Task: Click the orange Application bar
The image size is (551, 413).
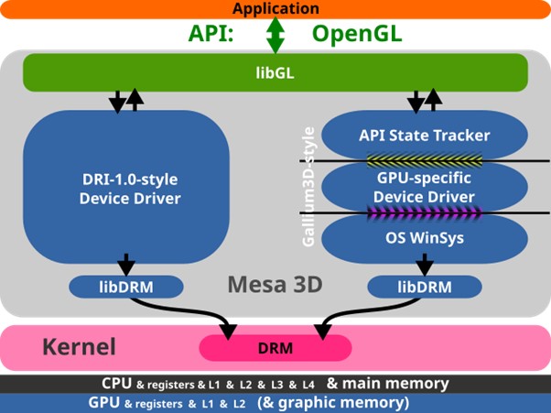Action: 275,9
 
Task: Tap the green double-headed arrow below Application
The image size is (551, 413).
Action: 275,36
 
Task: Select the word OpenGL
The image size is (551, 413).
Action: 357,34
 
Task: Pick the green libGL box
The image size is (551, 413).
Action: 275,71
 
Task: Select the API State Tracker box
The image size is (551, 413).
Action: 424,136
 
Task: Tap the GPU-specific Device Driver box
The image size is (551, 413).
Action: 424,187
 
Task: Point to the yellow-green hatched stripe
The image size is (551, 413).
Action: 424,161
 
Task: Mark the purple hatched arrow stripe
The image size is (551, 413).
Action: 424,212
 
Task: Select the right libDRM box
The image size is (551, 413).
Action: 424,287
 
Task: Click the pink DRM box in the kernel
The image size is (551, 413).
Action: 275,347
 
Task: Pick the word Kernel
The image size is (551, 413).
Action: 80,347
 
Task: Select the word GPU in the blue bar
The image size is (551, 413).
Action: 104,403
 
